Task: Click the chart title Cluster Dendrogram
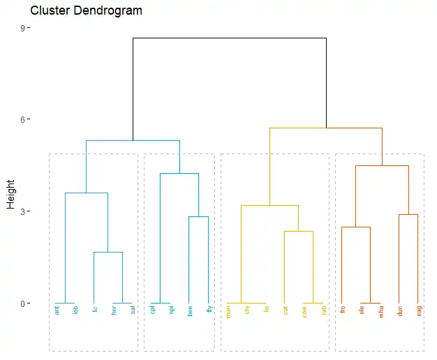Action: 87,11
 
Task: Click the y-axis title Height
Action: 10,193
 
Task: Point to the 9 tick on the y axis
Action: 22,28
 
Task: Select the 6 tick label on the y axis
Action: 22,120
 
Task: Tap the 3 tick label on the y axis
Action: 22,211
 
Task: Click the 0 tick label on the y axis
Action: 22,303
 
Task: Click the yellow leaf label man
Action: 228,311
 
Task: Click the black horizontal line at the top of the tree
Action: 229,38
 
